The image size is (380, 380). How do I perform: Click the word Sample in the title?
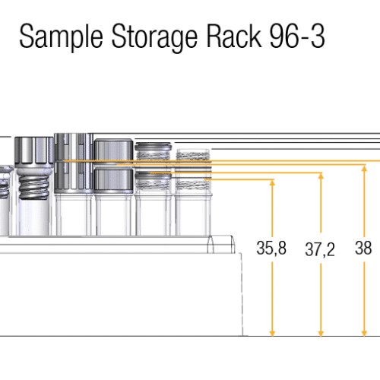(x=61, y=36)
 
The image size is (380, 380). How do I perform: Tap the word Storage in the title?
(x=154, y=37)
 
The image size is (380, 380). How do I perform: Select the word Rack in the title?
(x=234, y=36)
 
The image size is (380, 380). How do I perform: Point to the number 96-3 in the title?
(x=297, y=36)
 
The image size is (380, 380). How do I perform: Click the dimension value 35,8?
(x=271, y=248)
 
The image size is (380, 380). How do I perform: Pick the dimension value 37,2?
(x=320, y=249)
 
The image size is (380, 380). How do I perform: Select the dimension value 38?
(x=363, y=248)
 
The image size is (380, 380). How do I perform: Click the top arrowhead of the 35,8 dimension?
(x=272, y=182)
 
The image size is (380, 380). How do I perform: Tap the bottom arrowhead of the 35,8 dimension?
(x=272, y=333)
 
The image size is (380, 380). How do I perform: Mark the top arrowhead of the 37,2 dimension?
(x=321, y=176)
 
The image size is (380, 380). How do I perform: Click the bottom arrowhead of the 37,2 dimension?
(x=321, y=333)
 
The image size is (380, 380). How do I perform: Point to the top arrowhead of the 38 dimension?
(x=364, y=168)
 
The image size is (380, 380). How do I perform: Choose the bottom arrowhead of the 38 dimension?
(x=364, y=333)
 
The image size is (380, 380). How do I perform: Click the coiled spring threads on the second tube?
(x=34, y=186)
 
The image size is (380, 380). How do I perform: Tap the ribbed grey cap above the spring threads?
(x=34, y=152)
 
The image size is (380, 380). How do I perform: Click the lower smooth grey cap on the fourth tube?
(x=114, y=181)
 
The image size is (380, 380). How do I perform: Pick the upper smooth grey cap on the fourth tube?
(x=114, y=151)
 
